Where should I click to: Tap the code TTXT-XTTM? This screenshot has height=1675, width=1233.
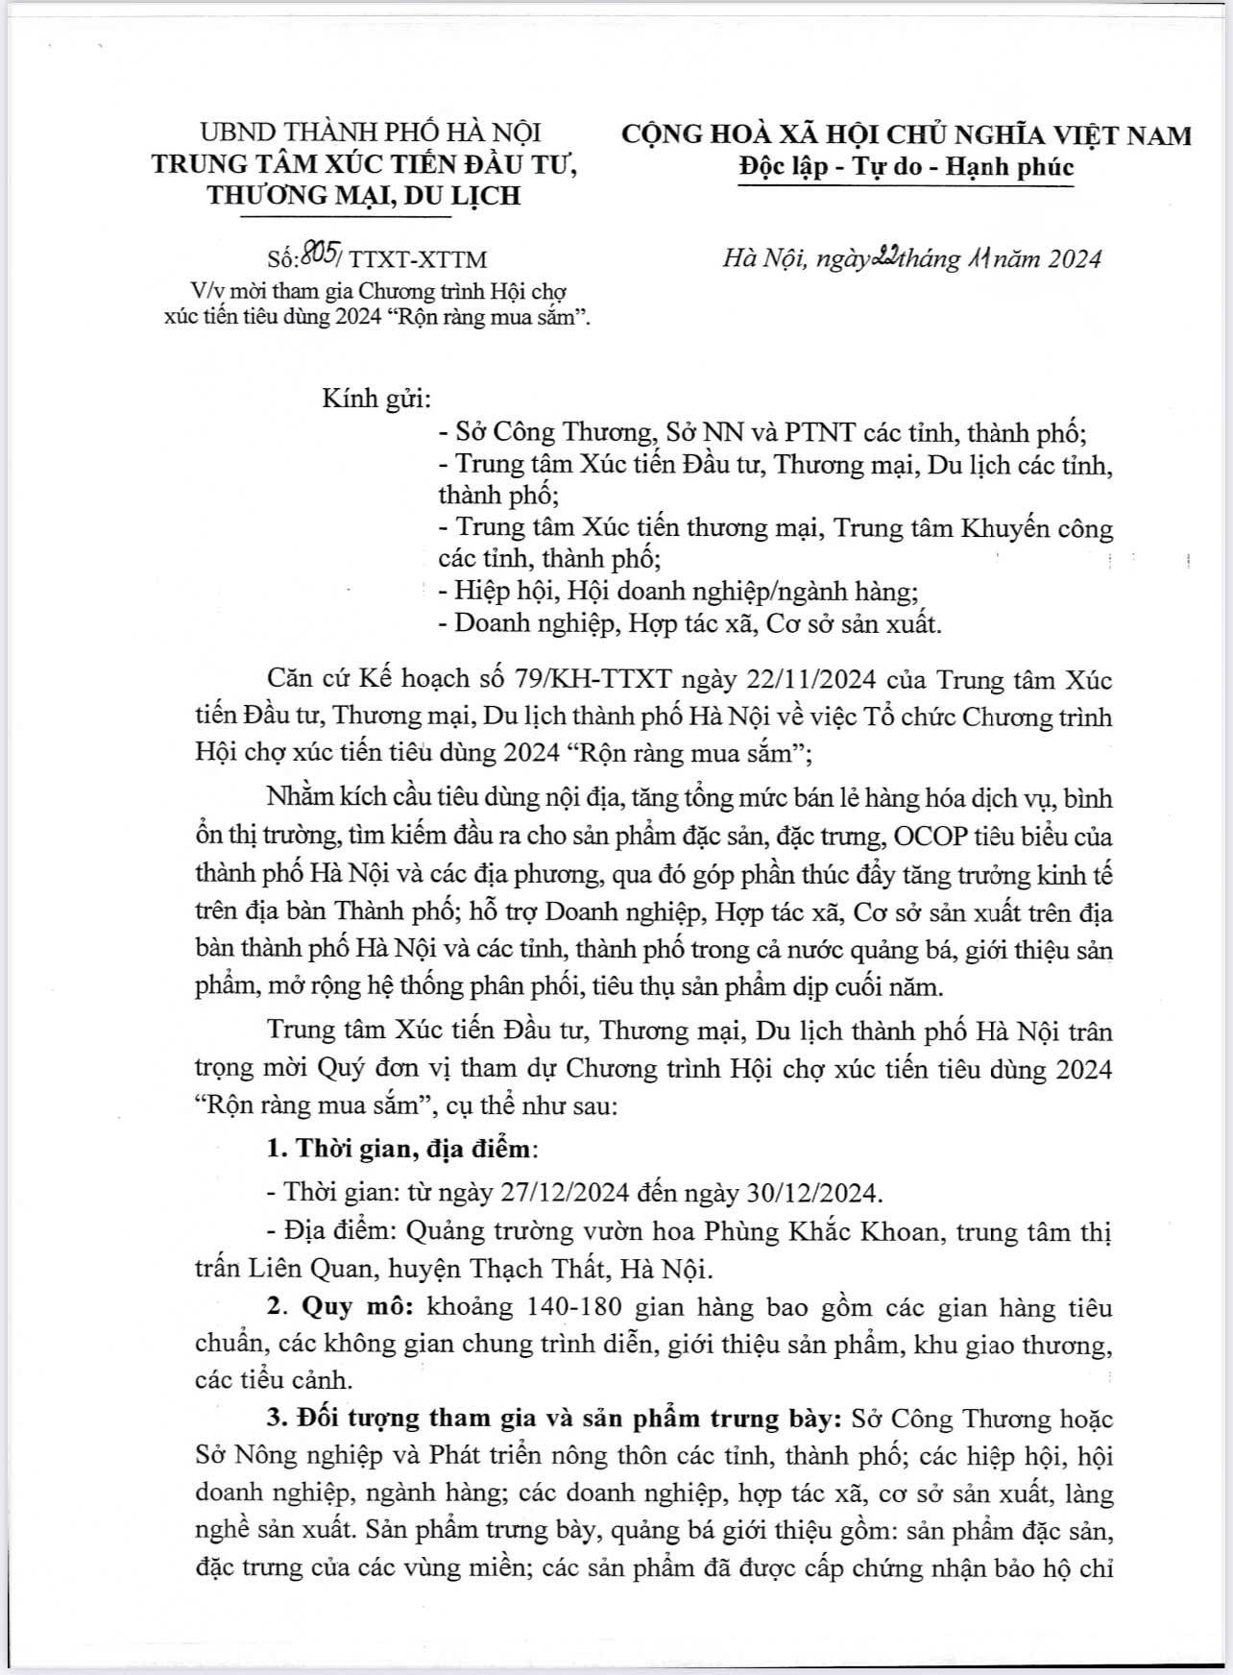(x=419, y=259)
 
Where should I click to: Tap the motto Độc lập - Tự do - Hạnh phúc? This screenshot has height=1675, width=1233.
(x=906, y=166)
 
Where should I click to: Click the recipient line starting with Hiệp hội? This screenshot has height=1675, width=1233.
(x=670, y=591)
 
